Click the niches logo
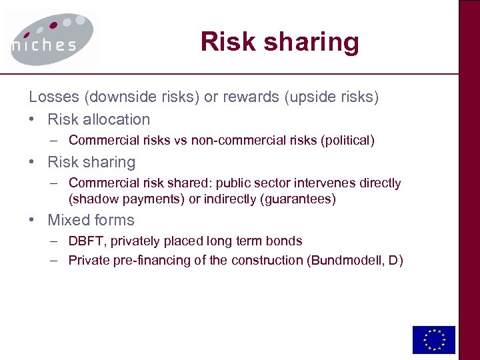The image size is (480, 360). [x=51, y=38]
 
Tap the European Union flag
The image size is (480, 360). [x=433, y=339]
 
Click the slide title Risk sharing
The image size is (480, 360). [x=279, y=42]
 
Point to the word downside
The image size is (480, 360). [x=117, y=97]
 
